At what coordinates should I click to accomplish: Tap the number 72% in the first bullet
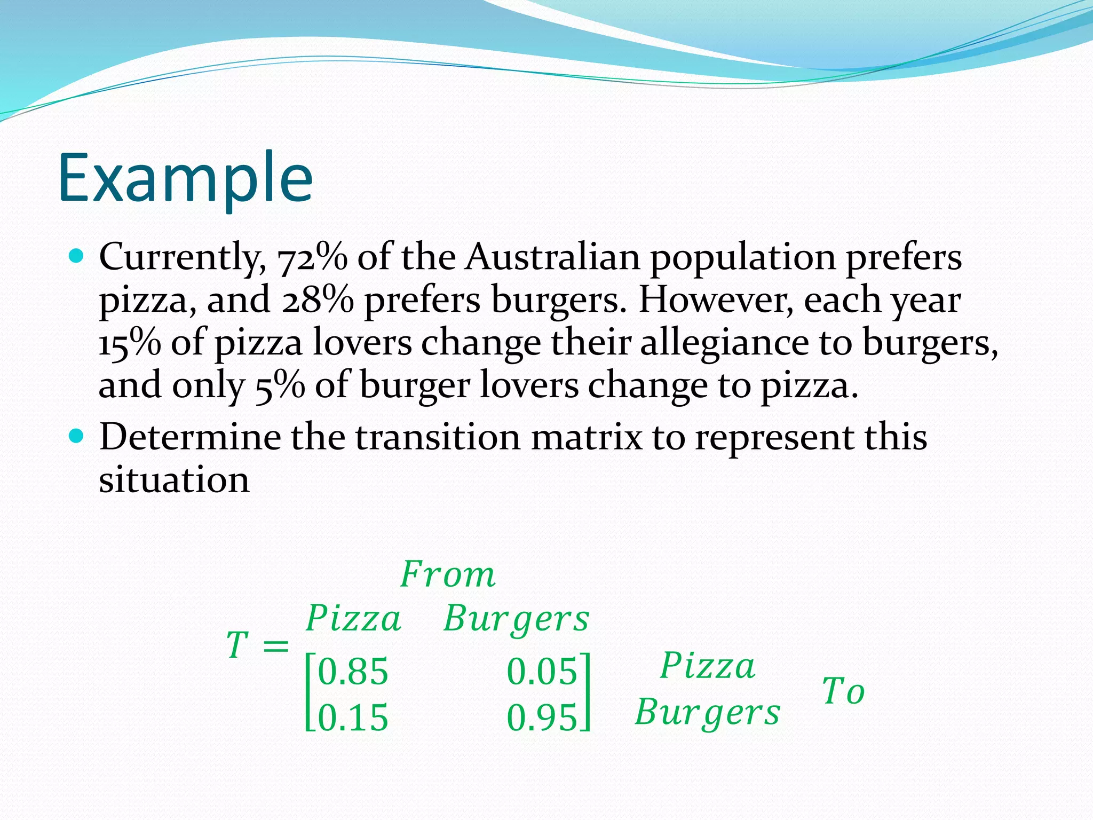[312, 258]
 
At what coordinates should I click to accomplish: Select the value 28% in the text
[317, 301]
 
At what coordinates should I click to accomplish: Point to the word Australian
[552, 257]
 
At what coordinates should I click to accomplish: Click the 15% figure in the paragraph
[130, 343]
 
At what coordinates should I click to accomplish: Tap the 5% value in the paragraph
[280, 385]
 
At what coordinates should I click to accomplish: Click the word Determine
[190, 437]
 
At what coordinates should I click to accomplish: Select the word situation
[174, 479]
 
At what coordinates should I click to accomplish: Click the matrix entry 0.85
[353, 672]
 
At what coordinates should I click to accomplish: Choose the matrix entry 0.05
[542, 672]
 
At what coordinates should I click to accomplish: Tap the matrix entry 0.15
[353, 717]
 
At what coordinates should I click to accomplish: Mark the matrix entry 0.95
[542, 717]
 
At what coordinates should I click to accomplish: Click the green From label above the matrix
[448, 575]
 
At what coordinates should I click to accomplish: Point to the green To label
[843, 691]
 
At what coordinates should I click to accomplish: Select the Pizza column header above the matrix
[353, 619]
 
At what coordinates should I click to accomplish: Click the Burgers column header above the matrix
[516, 619]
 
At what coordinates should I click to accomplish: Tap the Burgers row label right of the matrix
[708, 713]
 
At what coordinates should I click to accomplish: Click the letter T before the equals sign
[237, 645]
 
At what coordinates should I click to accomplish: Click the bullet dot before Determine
[77, 437]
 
